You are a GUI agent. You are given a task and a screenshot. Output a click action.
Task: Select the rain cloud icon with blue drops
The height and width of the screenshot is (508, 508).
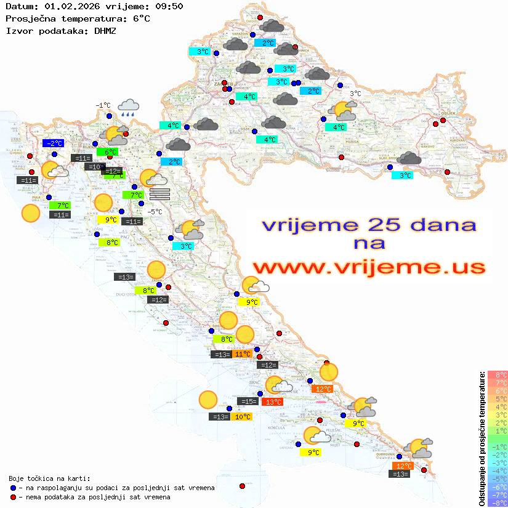[x=129, y=108]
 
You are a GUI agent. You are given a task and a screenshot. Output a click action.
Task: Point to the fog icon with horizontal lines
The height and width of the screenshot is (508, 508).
[x=159, y=193]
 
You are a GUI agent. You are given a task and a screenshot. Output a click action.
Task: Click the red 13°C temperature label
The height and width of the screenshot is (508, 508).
[x=272, y=402]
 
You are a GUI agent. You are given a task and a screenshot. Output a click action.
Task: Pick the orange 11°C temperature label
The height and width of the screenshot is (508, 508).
[x=242, y=354]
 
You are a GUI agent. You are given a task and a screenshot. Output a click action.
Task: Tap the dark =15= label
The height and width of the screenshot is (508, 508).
[x=248, y=401]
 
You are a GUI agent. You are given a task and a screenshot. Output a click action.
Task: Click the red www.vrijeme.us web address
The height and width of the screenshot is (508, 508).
[x=369, y=267]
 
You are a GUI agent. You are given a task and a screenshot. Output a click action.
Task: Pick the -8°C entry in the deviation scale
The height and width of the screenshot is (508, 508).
[x=498, y=502]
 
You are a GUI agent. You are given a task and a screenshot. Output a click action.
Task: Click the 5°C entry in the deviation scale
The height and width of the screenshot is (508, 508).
[x=498, y=398]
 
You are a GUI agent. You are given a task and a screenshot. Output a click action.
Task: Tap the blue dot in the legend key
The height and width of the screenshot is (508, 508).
[x=13, y=488]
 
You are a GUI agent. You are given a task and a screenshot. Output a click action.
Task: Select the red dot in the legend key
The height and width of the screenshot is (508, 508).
[x=13, y=497]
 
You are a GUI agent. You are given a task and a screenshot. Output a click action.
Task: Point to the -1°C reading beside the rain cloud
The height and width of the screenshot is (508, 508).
[x=103, y=105]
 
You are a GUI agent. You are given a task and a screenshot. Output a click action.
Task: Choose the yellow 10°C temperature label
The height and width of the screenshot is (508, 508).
[x=242, y=417]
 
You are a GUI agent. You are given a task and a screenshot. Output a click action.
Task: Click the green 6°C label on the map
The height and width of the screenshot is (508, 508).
[x=111, y=152]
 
